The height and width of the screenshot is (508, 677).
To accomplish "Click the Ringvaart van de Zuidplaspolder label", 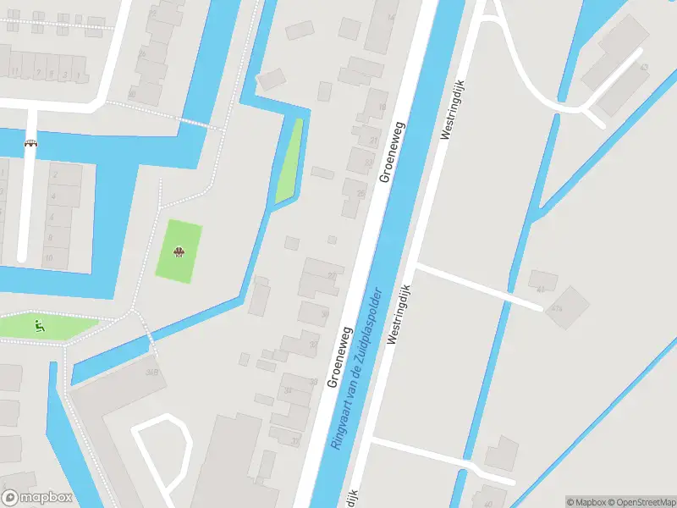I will [x=359, y=368].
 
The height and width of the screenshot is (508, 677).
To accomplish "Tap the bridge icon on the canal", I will [x=31, y=143].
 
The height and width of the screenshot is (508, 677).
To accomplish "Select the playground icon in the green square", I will [x=179, y=251].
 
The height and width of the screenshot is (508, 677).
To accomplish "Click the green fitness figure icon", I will [x=38, y=324].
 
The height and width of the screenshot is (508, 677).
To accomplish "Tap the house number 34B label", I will [x=153, y=371].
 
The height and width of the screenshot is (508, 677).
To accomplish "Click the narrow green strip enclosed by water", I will [x=289, y=161].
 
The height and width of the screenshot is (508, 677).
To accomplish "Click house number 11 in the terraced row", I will [x=14, y=72].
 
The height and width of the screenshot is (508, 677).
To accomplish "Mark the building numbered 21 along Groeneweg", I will [x=373, y=140].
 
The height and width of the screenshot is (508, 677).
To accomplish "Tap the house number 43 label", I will [x=644, y=67].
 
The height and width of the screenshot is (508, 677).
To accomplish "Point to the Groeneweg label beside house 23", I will [x=392, y=152].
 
